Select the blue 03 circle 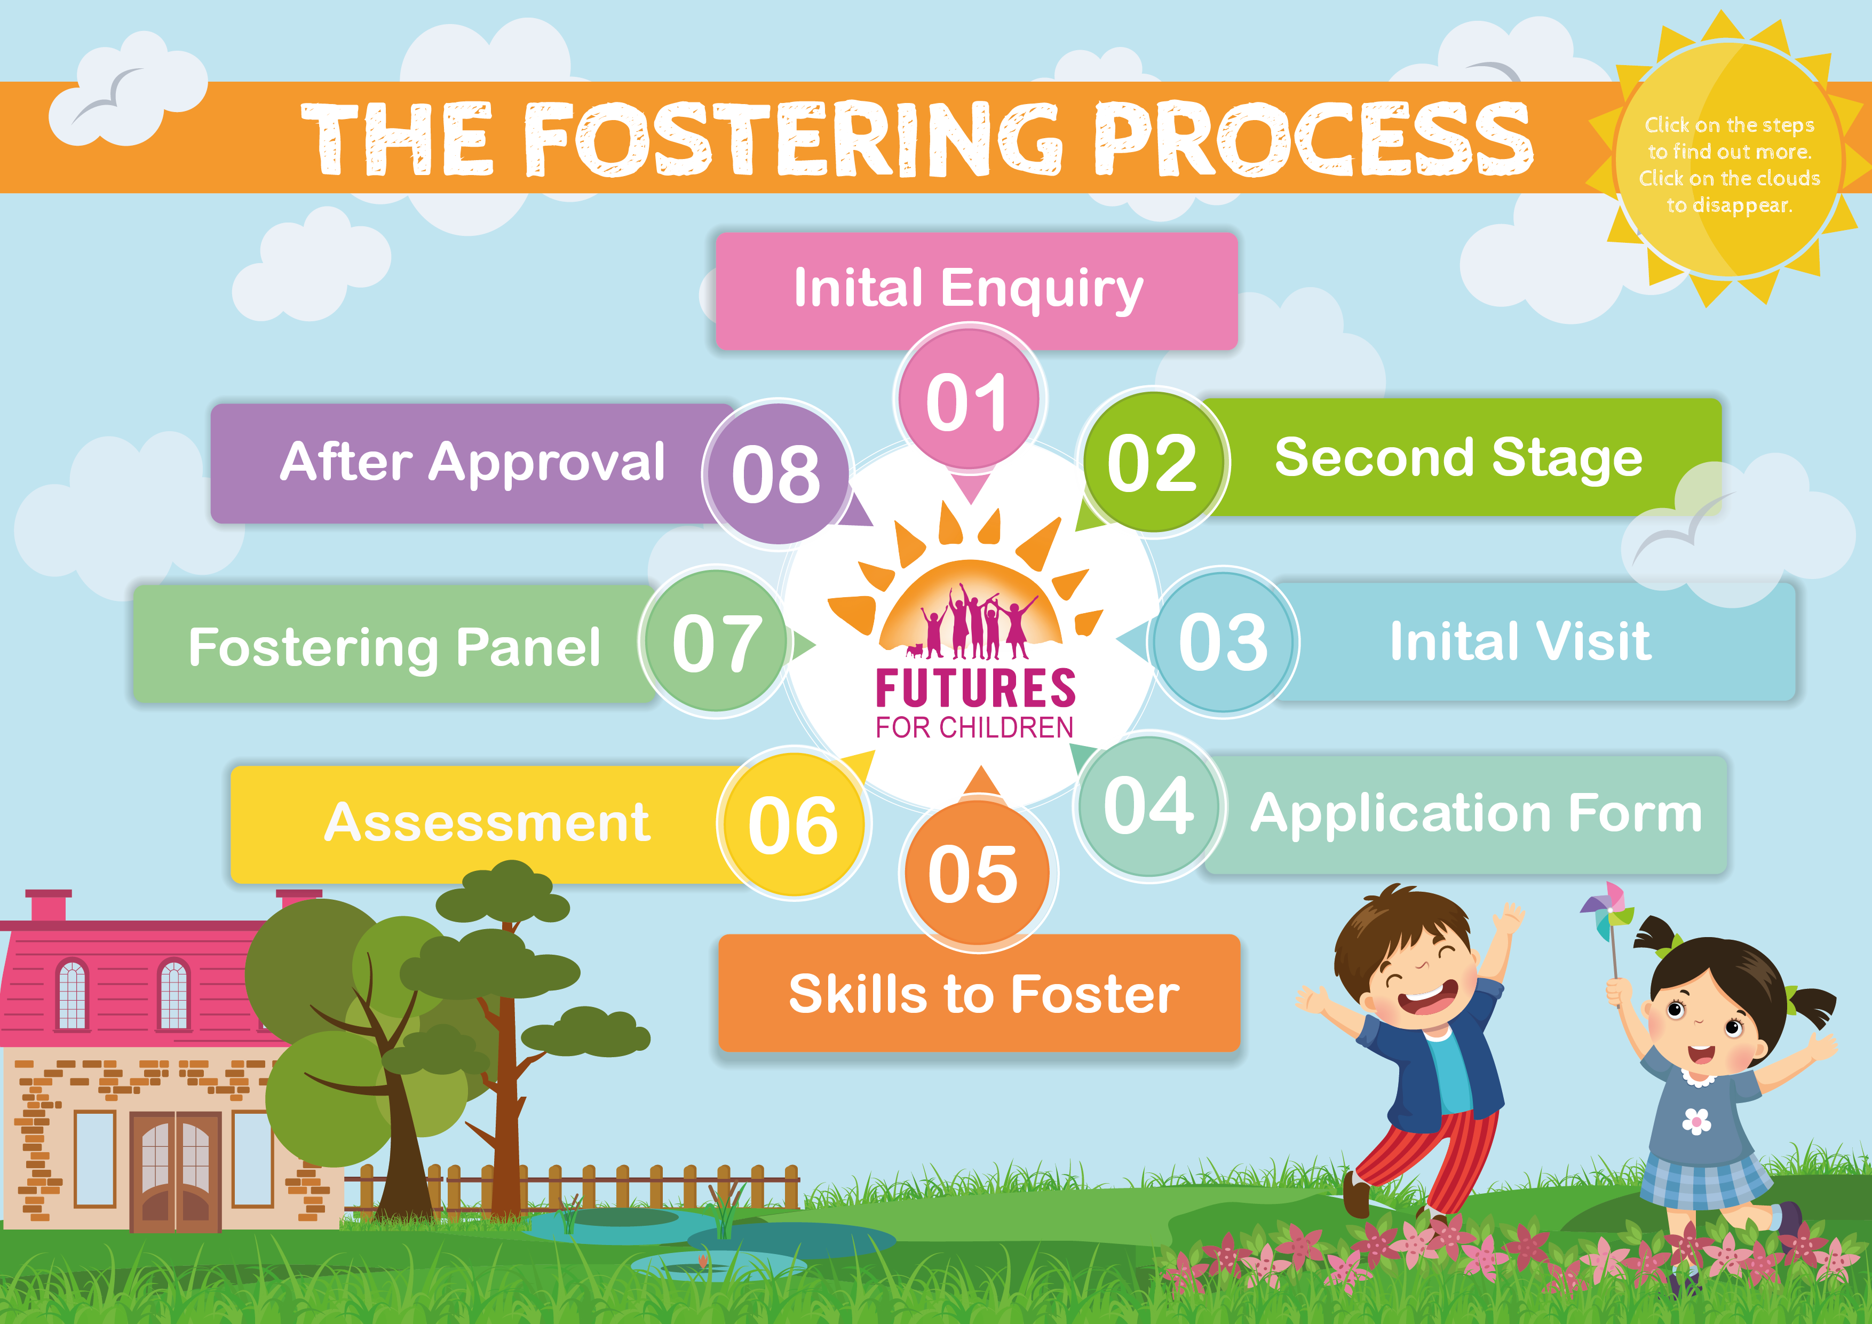pos(1223,643)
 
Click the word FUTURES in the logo pos(975,688)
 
